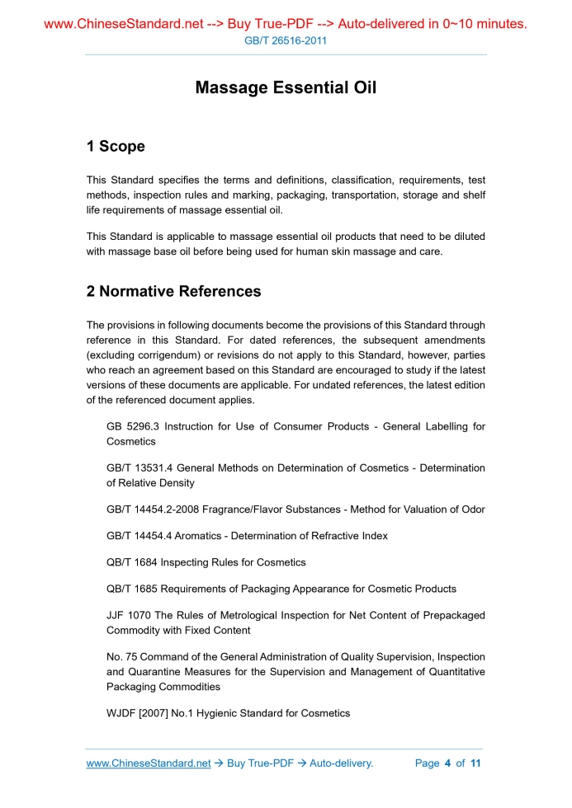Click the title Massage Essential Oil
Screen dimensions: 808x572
(286, 87)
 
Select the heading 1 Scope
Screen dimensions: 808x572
(116, 147)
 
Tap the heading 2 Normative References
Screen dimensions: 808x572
(173, 291)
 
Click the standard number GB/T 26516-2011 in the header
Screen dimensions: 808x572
(286, 40)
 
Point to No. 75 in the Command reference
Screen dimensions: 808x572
(121, 657)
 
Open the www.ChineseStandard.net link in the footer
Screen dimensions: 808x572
(149, 763)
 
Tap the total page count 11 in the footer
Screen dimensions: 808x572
(475, 763)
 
